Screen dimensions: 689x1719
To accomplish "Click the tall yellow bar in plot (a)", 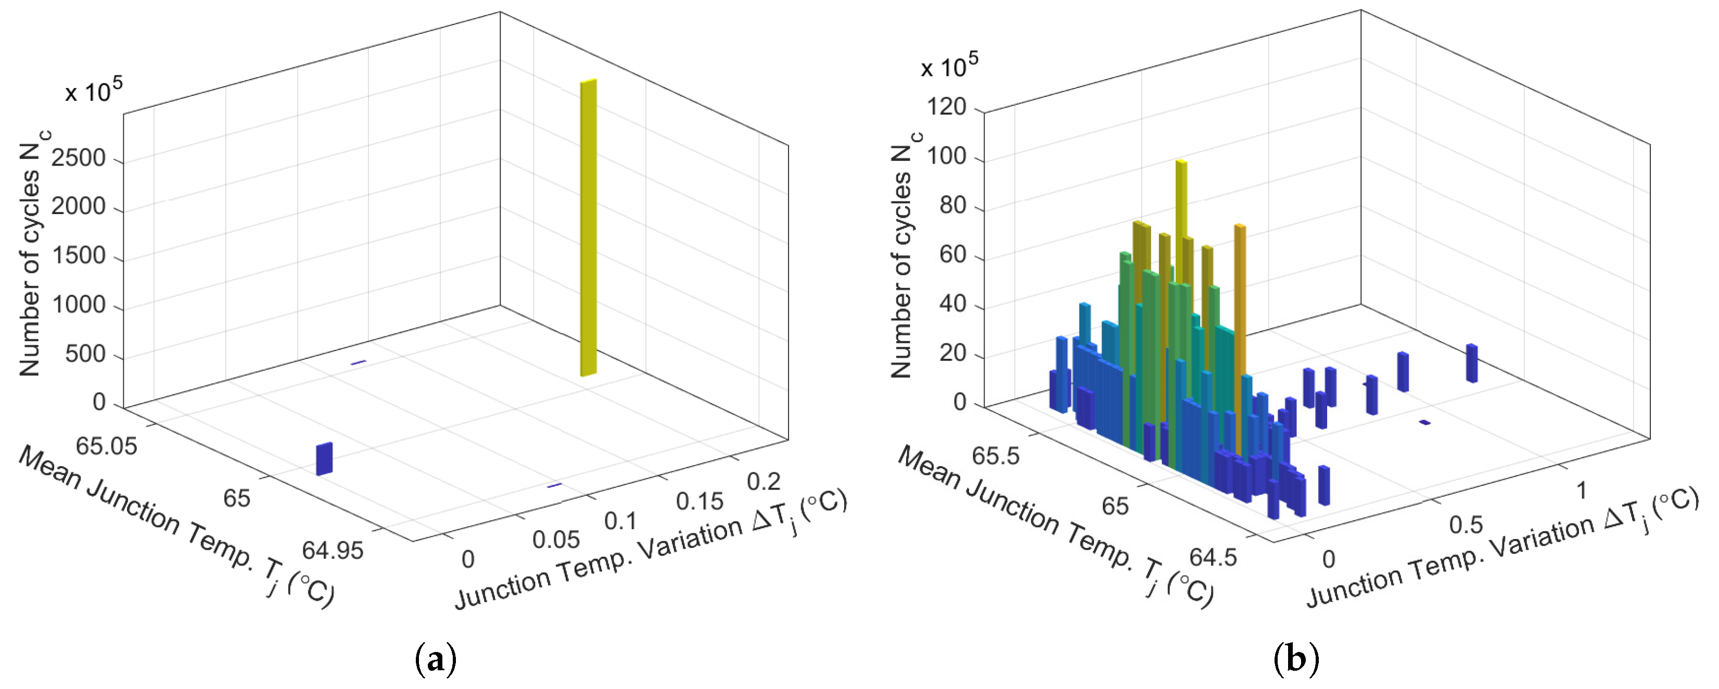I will pyautogui.click(x=588, y=227).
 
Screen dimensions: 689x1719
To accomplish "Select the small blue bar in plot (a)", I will pyautogui.click(x=324, y=459).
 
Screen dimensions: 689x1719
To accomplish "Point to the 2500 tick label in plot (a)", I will pyautogui.click(x=79, y=158).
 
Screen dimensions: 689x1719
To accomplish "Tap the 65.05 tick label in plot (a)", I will pyautogui.click(x=106, y=445).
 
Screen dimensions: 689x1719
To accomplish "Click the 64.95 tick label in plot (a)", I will pyautogui.click(x=333, y=550).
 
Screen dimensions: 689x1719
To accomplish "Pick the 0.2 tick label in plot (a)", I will pyautogui.click(x=763, y=481).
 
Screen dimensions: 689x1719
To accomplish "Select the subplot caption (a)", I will pyautogui.click(x=436, y=660).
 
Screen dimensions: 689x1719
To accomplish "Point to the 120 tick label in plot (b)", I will pyautogui.click(x=946, y=107).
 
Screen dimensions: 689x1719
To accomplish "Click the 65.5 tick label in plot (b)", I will pyautogui.click(x=995, y=456).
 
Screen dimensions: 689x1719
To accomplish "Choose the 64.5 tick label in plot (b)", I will pyautogui.click(x=1213, y=556).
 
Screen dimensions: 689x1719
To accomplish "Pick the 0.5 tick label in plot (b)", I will pyautogui.click(x=1466, y=525).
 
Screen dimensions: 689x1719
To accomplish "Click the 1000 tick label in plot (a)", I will pyautogui.click(x=79, y=305).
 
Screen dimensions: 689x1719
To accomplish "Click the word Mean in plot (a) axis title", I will pyautogui.click(x=49, y=467).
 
